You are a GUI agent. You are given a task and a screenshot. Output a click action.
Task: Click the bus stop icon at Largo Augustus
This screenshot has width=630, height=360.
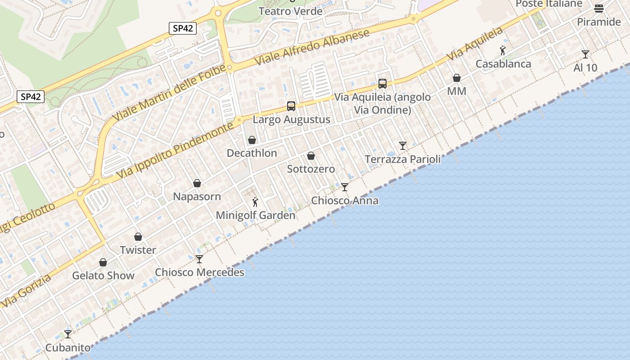click(291, 106)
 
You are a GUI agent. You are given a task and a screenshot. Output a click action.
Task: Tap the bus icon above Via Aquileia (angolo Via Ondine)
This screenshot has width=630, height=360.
click(382, 83)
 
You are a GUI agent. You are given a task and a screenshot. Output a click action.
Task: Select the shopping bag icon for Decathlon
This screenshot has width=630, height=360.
click(252, 140)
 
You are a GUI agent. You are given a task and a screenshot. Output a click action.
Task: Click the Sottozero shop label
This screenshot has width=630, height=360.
click(311, 169)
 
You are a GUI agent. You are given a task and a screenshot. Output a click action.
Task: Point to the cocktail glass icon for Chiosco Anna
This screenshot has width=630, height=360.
click(345, 187)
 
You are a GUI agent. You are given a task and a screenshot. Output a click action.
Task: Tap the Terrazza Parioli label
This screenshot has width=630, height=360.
click(403, 159)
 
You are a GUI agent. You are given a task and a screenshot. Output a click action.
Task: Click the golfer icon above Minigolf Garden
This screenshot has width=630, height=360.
click(255, 202)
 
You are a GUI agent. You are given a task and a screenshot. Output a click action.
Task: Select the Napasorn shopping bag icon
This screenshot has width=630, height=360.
click(197, 183)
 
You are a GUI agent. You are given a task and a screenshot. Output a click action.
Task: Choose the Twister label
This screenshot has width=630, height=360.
click(138, 250)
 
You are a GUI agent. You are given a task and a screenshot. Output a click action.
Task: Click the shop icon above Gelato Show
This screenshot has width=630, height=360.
click(103, 262)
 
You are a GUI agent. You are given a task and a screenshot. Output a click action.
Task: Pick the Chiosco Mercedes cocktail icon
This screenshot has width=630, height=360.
click(199, 259)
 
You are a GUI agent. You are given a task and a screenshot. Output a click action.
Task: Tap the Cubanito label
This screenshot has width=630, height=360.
click(68, 348)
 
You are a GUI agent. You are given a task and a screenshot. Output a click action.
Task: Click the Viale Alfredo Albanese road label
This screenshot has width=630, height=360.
click(312, 47)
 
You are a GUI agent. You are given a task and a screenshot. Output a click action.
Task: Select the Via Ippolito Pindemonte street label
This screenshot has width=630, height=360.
click(175, 149)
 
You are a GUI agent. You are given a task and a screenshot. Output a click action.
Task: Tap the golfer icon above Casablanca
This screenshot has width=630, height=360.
click(503, 50)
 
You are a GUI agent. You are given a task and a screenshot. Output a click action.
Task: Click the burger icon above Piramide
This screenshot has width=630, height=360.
click(598, 8)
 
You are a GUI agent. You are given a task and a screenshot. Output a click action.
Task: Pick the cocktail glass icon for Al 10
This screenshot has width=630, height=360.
click(585, 54)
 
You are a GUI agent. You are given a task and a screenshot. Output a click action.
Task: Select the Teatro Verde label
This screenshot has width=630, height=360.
click(291, 11)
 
